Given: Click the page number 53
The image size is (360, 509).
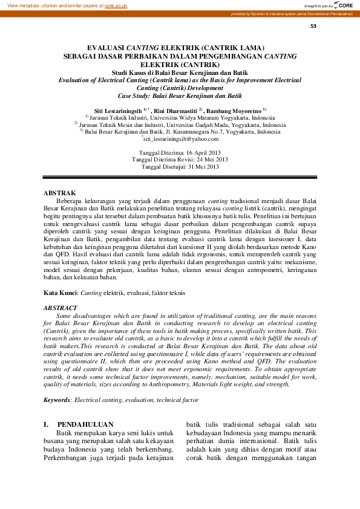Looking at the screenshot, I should (x=313, y=26).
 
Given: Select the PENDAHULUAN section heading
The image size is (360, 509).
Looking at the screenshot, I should (x=85, y=424).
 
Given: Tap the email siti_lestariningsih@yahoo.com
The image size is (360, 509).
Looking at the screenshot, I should (x=180, y=138).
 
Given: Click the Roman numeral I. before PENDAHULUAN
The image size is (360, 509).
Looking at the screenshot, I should (x=46, y=424).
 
